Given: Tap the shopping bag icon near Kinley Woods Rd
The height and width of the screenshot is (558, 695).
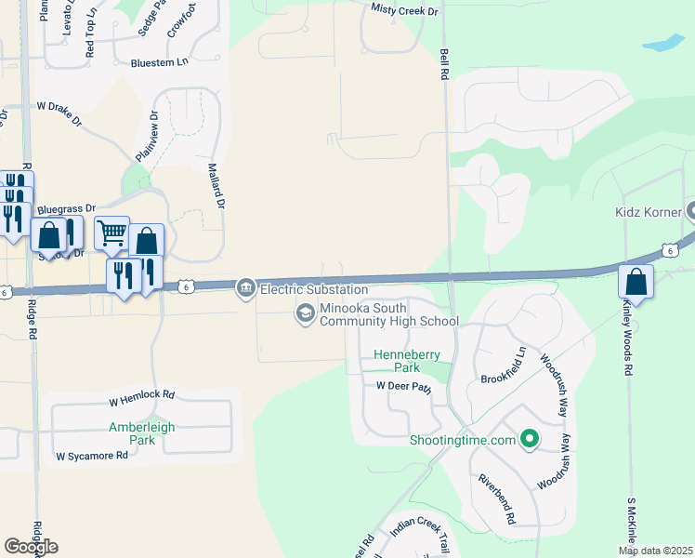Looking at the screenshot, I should click(x=636, y=280).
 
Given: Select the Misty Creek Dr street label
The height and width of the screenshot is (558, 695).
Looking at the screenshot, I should click(x=404, y=10).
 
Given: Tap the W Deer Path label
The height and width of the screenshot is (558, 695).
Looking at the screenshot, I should click(x=404, y=386).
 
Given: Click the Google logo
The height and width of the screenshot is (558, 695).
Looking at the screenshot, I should click(x=31, y=547).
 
